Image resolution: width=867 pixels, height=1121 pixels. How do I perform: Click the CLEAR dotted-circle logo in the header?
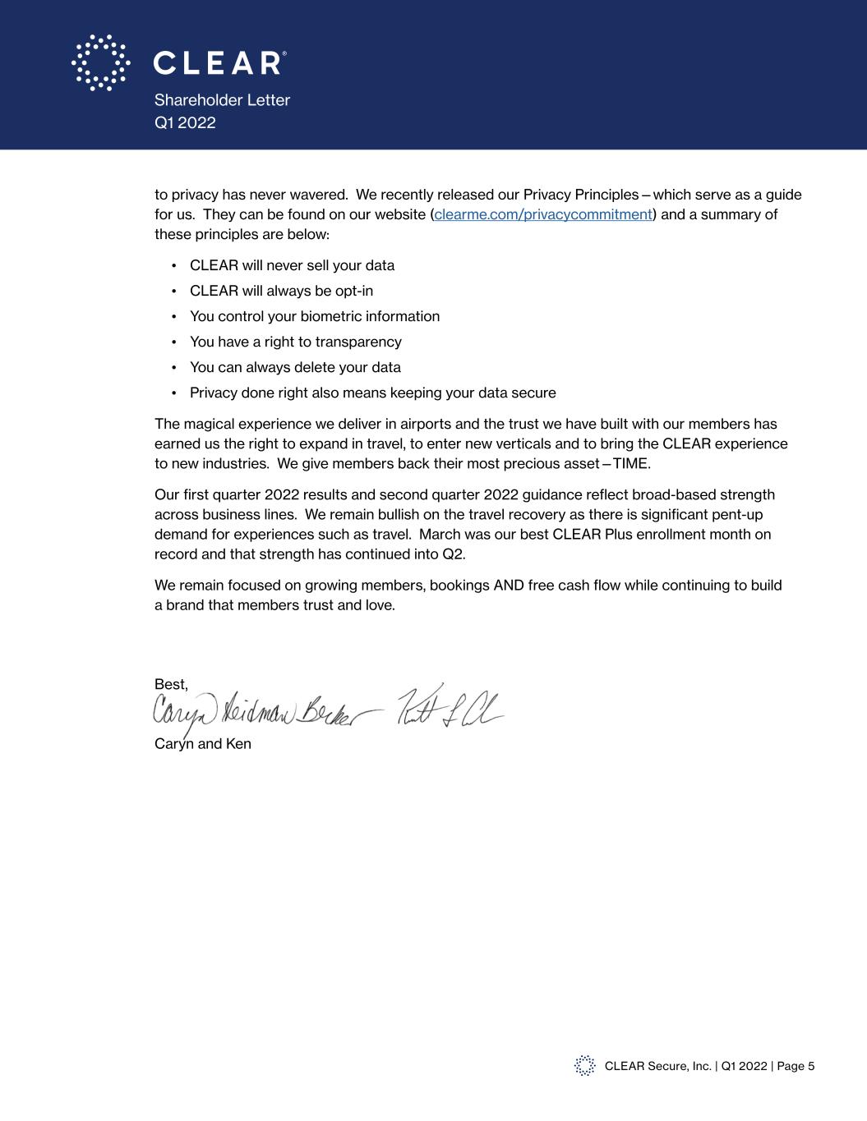tap(100, 62)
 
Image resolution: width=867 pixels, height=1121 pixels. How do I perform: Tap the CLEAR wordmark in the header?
tap(219, 63)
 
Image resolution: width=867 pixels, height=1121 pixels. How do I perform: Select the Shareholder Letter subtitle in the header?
tap(222, 100)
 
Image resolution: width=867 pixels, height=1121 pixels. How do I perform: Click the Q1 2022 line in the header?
tap(185, 122)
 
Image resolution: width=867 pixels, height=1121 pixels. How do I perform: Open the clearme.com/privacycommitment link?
tap(543, 214)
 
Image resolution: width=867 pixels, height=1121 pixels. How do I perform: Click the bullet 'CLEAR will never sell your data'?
tap(292, 265)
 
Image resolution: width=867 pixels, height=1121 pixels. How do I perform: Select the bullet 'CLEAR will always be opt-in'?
tap(281, 291)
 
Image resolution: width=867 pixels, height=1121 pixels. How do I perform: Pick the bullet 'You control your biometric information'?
tap(314, 316)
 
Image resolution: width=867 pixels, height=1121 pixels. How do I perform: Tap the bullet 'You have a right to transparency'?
tap(295, 342)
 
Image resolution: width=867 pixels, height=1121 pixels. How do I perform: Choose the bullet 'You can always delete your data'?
tap(295, 367)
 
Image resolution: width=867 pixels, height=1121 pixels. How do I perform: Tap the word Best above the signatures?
tap(170, 684)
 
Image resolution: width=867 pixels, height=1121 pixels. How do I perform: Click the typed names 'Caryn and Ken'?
tap(203, 744)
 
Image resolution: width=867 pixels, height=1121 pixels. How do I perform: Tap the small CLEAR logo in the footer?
tap(584, 1066)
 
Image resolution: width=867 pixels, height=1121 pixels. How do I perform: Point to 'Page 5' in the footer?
tap(796, 1066)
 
